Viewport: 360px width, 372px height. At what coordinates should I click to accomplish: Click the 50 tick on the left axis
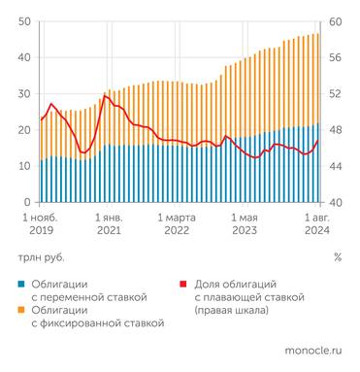(24, 21)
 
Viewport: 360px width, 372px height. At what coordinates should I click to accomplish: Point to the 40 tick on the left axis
(24, 57)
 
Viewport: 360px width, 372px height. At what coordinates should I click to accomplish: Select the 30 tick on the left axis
(24, 94)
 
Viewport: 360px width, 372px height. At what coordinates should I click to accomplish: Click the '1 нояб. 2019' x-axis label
(43, 224)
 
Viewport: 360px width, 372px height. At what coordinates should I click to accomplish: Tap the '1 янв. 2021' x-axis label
(108, 224)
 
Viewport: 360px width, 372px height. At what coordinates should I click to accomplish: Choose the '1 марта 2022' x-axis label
(177, 224)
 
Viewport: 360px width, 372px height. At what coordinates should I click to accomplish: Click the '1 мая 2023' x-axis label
(245, 224)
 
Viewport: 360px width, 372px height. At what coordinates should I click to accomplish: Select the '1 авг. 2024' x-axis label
(316, 224)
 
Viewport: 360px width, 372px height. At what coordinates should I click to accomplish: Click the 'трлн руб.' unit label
(38, 257)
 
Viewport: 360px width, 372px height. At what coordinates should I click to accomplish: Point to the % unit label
(337, 257)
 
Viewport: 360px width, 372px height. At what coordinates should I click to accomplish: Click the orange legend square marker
(21, 310)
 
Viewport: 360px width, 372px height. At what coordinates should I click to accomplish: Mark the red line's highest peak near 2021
(105, 95)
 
